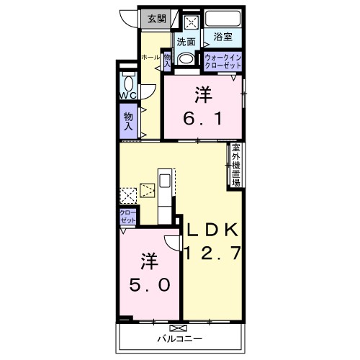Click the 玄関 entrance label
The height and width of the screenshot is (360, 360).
pyautogui.click(x=157, y=19)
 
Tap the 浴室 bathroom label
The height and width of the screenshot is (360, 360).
pyautogui.click(x=222, y=37)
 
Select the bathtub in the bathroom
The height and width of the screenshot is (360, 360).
pyautogui.click(x=223, y=19)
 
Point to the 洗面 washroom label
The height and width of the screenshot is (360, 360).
pyautogui.click(x=186, y=42)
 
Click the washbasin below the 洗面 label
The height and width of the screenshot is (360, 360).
pyautogui.click(x=186, y=58)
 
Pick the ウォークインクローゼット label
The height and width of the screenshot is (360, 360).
pyautogui.click(x=222, y=62)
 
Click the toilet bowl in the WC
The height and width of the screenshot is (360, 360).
pyautogui.click(x=128, y=83)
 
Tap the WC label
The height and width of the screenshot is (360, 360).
pyautogui.click(x=128, y=96)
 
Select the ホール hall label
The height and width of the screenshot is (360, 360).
pyautogui.click(x=150, y=58)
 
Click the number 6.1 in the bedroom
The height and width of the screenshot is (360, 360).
pyautogui.click(x=202, y=118)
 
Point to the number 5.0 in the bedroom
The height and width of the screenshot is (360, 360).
pyautogui.click(x=150, y=285)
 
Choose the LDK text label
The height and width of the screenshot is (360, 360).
pyautogui.click(x=212, y=230)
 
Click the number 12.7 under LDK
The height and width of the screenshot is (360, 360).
pyautogui.click(x=212, y=253)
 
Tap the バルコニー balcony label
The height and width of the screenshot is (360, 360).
pyautogui.click(x=180, y=339)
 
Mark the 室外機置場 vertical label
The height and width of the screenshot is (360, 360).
pyautogui.click(x=236, y=165)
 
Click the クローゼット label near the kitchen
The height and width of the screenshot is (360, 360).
pyautogui.click(x=128, y=217)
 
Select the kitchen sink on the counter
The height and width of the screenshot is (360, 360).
pyautogui.click(x=165, y=181)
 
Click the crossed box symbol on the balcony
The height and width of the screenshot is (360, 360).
pyautogui.click(x=178, y=328)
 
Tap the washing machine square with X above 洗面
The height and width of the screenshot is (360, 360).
pyautogui.click(x=192, y=23)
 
